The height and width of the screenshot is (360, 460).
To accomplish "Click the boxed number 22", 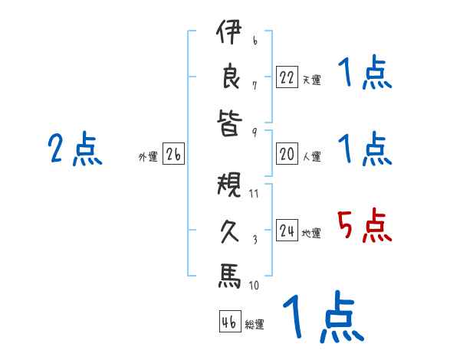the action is click(287, 77).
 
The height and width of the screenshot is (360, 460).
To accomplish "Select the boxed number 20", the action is click(287, 154).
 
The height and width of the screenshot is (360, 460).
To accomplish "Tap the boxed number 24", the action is click(287, 231).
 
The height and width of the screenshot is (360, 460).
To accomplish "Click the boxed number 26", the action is click(173, 155).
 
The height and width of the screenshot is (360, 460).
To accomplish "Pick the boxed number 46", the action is click(228, 322).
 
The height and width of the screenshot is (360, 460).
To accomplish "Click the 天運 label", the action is click(311, 79).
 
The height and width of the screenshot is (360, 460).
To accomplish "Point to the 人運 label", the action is click(311, 156).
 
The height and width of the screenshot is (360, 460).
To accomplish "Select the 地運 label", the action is click(311, 233).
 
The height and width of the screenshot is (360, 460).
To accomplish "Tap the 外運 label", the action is click(148, 157).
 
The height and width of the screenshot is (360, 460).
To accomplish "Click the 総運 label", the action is click(254, 325).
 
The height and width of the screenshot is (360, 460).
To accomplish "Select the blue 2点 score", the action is click(75, 149).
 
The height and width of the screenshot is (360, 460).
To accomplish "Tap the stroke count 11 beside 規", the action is click(254, 193).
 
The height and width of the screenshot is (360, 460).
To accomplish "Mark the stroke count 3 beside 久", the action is click(254, 239).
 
